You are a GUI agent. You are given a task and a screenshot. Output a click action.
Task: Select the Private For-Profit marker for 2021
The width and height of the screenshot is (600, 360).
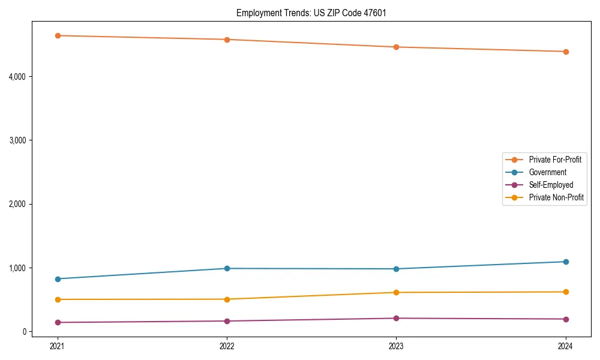(x=58, y=35)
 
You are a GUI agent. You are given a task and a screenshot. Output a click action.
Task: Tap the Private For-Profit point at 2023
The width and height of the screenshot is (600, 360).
(x=396, y=47)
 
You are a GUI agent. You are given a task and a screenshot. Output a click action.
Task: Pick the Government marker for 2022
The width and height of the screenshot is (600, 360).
(x=227, y=268)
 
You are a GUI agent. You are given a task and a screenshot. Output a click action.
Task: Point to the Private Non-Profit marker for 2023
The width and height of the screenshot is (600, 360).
(x=396, y=292)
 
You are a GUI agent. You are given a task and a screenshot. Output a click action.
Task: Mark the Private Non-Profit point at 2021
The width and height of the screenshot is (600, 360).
(x=58, y=299)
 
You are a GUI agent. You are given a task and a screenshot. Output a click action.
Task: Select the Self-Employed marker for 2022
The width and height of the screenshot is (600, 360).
(x=227, y=321)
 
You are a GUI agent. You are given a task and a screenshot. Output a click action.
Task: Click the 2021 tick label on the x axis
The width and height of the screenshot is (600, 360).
(x=58, y=346)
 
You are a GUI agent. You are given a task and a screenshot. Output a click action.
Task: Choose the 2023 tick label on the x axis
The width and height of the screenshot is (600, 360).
(x=396, y=346)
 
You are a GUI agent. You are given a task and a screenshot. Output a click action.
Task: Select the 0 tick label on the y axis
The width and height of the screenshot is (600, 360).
(x=26, y=332)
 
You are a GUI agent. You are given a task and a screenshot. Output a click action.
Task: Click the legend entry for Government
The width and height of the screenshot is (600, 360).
(x=547, y=172)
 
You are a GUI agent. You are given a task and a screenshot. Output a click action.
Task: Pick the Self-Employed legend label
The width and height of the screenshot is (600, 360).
(x=551, y=185)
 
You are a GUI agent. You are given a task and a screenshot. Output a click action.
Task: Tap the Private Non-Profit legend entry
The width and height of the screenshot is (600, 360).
(x=556, y=197)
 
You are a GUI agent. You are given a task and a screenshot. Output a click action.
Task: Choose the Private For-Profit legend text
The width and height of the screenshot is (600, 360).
(x=555, y=160)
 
